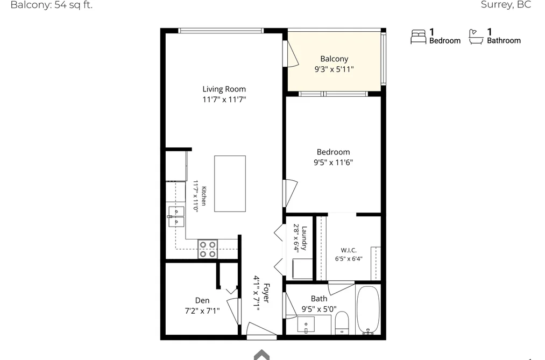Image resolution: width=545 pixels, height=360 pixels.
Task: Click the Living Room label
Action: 224,89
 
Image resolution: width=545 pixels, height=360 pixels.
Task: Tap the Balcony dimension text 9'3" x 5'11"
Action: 334,69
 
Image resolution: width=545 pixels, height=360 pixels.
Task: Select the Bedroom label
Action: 334,152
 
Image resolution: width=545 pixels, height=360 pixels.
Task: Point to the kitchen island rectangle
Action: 230,183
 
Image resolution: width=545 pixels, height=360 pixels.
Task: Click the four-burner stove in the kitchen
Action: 208,249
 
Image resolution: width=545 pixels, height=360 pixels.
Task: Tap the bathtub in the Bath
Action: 368,309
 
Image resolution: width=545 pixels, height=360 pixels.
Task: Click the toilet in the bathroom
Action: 342,323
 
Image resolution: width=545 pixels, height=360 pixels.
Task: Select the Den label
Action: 202,300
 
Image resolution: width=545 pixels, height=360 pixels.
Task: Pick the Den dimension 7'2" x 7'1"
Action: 202,310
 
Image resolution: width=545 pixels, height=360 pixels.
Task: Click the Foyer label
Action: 266,293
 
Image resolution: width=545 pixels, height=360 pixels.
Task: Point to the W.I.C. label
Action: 349,250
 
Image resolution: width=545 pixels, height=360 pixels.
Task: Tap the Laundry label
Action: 304,238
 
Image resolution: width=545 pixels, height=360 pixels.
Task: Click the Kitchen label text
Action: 204,196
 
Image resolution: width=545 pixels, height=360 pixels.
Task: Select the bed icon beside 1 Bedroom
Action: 418,37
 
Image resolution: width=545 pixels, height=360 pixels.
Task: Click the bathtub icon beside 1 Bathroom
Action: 476,37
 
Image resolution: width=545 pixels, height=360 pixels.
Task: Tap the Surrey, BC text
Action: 506,4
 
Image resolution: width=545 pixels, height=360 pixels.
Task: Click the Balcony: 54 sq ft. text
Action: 52,5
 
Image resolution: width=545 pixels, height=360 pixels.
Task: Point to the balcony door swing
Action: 291,53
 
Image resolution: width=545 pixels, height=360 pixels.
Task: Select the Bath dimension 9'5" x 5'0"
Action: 319,309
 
